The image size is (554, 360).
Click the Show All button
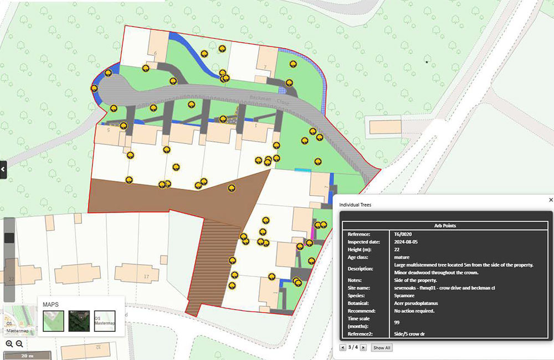point(382,348)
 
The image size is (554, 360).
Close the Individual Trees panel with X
point(551,200)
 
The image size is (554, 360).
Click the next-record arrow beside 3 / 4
point(363,348)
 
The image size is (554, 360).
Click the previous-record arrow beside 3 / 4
point(343,348)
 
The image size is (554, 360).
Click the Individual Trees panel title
point(356,205)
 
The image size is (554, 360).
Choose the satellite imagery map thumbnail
point(79,321)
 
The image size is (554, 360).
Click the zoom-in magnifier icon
point(9,344)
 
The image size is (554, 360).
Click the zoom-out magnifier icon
point(19,344)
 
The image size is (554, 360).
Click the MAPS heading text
point(54,305)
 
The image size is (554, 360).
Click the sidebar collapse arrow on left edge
point(3,169)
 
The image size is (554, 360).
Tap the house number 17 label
point(146,276)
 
